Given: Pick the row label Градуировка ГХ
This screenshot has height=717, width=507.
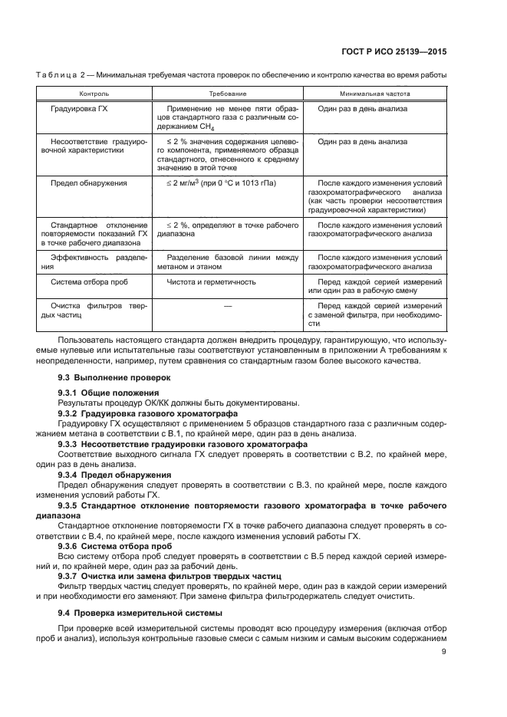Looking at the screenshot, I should pos(78,110).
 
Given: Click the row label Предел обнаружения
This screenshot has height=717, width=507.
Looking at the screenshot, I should pos(88,183).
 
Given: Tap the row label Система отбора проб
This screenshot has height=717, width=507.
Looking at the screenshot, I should pos(89,281).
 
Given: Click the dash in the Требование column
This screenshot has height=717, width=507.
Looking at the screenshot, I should pos(227,306).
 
